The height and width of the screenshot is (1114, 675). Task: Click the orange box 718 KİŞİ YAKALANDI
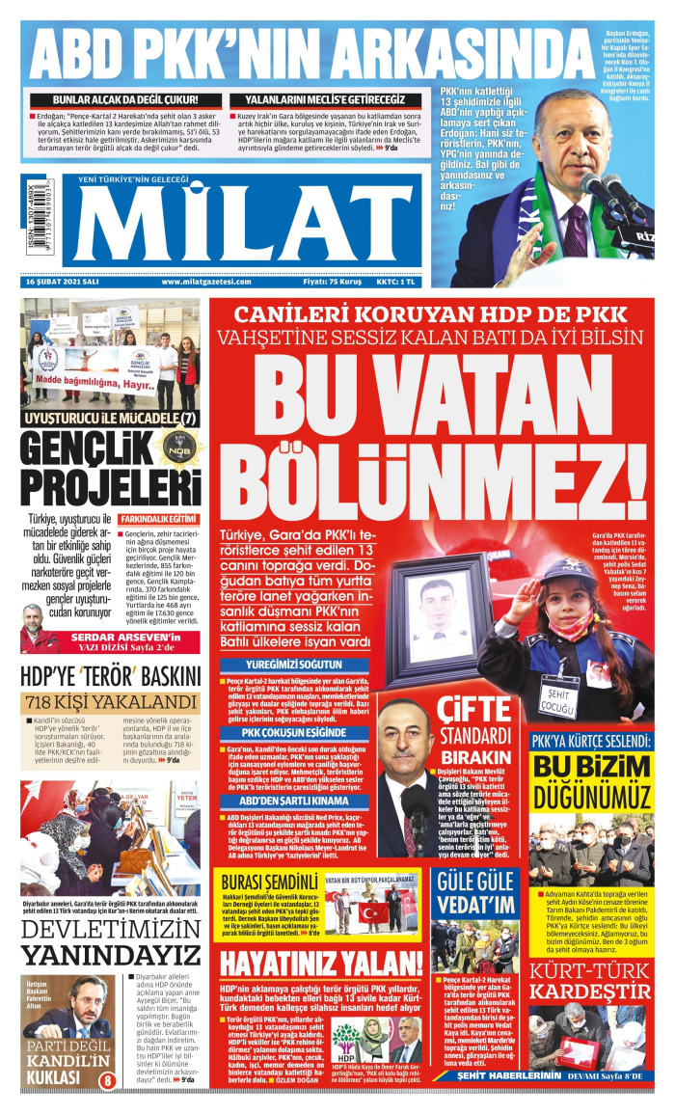(110, 702)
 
